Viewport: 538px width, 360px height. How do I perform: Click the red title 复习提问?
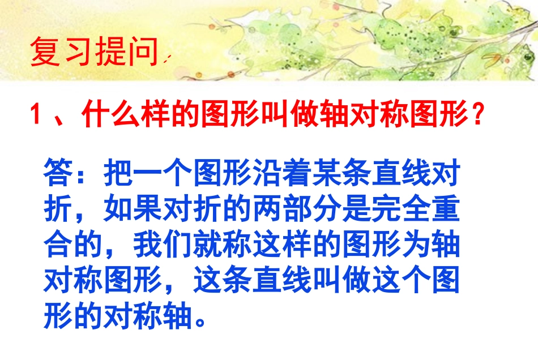click(x=94, y=52)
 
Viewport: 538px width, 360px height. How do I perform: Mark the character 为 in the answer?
click(x=416, y=247)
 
